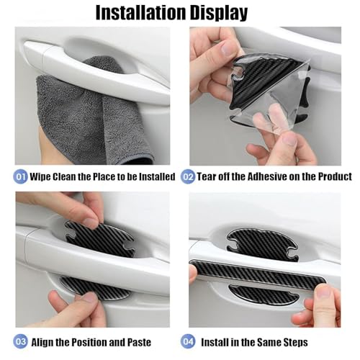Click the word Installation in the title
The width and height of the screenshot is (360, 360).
141,12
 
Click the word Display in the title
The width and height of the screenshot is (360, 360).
219,14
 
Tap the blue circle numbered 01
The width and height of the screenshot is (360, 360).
20,176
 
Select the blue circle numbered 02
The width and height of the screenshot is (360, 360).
188,176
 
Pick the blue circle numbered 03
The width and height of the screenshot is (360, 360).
20,341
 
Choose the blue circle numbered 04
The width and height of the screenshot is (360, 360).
188,341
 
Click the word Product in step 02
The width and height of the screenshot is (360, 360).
335,177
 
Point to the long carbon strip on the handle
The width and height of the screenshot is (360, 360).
258,274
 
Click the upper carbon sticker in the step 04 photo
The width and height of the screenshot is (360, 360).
262,244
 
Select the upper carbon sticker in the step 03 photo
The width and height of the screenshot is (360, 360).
99,240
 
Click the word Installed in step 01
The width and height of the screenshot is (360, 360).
157,176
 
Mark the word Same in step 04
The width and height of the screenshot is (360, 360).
268,342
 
